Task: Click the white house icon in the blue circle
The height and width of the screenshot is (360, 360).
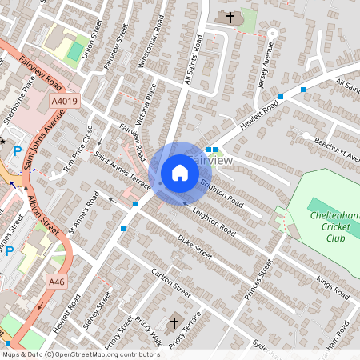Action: (x=179, y=173)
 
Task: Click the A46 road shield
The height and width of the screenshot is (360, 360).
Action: (x=56, y=282)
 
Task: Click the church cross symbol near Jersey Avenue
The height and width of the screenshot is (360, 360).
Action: (x=231, y=17)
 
